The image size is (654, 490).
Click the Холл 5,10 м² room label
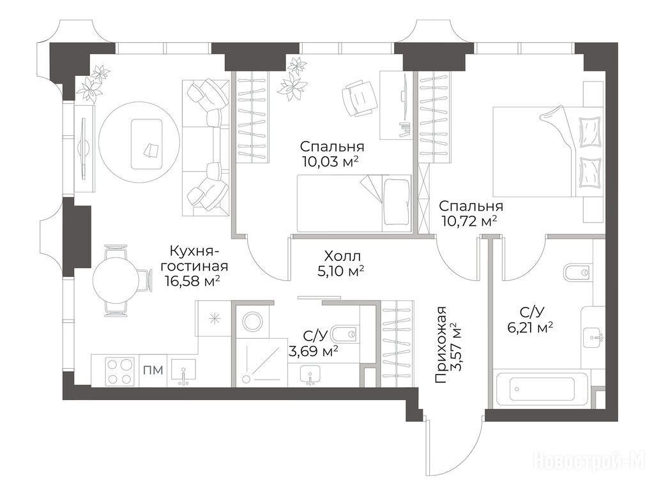coord(341,264)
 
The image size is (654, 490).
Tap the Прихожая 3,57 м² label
coord(448,345)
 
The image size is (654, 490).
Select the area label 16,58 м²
coord(192,281)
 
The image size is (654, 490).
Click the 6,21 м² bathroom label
coord(530,329)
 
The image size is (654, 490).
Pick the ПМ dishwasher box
coord(153,371)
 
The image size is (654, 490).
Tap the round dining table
coord(116,280)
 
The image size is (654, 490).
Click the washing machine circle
coord(252,322)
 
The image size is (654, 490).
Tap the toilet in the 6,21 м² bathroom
coord(577,272)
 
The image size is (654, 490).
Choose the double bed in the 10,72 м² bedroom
coord(548,151)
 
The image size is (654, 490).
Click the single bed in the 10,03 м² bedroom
coord(354,203)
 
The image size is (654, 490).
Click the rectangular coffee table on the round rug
coord(147,144)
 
